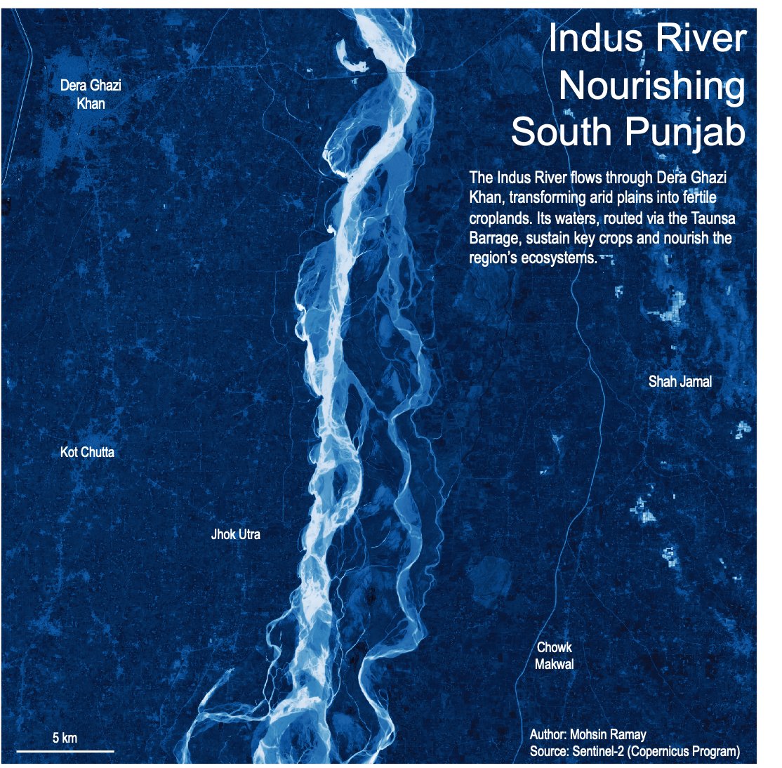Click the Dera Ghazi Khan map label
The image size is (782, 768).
(x=91, y=94)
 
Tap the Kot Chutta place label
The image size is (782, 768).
(x=87, y=452)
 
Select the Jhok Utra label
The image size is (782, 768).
(x=235, y=534)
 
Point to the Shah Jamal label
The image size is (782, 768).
(x=680, y=381)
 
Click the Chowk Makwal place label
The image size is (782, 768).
(x=555, y=656)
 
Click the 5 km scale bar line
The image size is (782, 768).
(x=65, y=751)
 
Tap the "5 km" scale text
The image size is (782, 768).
(x=65, y=738)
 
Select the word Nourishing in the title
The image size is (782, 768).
(x=651, y=86)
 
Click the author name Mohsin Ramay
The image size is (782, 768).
(x=608, y=735)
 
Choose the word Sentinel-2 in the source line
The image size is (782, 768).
(x=597, y=752)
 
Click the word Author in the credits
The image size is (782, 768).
(x=548, y=735)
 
